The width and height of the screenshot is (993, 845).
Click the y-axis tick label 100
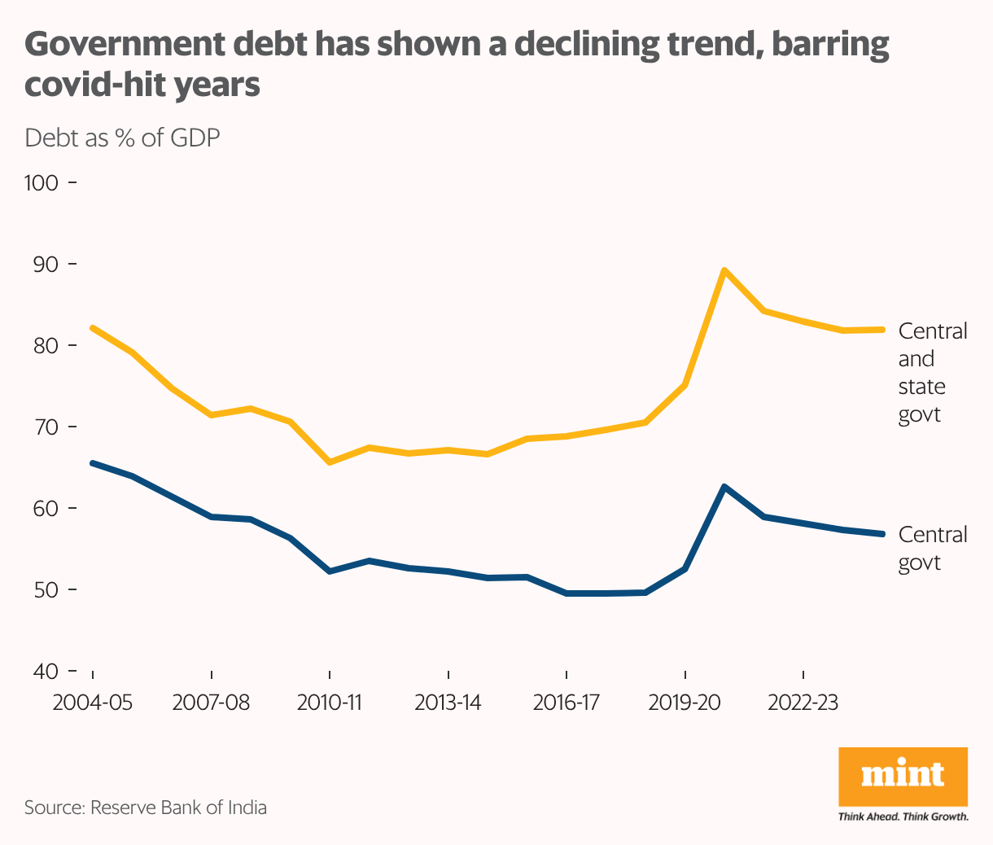pyautogui.click(x=42, y=183)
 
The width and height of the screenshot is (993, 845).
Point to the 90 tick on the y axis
pyautogui.click(x=45, y=265)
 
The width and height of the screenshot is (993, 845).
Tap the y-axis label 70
pyautogui.click(x=45, y=427)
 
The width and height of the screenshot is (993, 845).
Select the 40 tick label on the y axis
pyautogui.click(x=45, y=672)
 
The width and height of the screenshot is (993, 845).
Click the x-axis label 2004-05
pyautogui.click(x=92, y=703)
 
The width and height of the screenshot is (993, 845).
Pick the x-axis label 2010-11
pyautogui.click(x=329, y=703)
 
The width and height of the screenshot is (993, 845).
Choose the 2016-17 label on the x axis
pyautogui.click(x=566, y=703)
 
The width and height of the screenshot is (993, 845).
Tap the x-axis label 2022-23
pyautogui.click(x=803, y=703)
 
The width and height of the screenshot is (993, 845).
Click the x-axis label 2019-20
pyautogui.click(x=685, y=703)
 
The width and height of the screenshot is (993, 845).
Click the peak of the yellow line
pyautogui.click(x=724, y=270)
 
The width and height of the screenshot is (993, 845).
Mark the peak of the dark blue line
pyautogui.click(x=724, y=487)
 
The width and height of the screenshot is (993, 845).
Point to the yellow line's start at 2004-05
pyautogui.click(x=93, y=328)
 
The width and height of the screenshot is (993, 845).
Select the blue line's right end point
pyautogui.click(x=881, y=534)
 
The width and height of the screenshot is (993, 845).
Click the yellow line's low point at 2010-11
pyautogui.click(x=330, y=462)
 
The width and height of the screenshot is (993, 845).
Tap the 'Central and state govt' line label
pyautogui.click(x=932, y=373)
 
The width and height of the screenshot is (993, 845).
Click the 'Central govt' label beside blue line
pyautogui.click(x=932, y=549)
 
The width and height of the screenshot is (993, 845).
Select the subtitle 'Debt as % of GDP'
pyautogui.click(x=122, y=138)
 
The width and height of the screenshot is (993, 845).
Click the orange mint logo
pyautogui.click(x=903, y=776)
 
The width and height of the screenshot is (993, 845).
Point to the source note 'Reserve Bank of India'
pyautogui.click(x=178, y=808)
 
